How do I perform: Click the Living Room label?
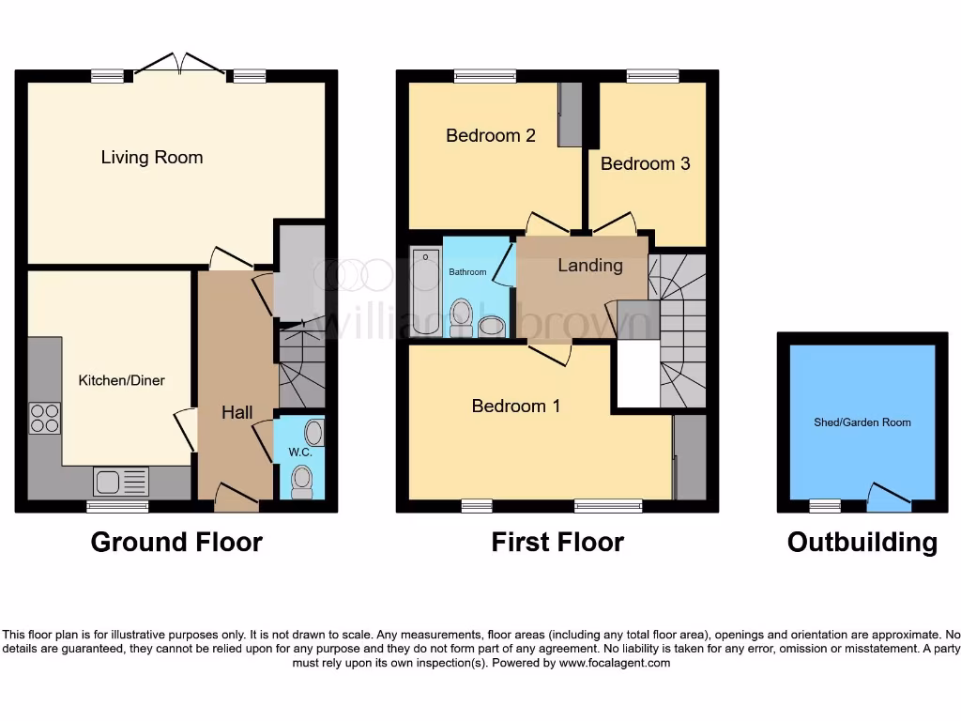tap(152, 157)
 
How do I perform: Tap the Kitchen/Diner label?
tap(121, 380)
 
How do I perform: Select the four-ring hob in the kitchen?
tap(45, 417)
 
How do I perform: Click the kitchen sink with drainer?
tap(121, 482)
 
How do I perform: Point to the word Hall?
tap(236, 412)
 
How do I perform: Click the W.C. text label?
tap(299, 452)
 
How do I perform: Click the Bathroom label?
tap(467, 272)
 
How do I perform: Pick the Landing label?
tap(589, 266)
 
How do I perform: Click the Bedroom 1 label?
tap(515, 406)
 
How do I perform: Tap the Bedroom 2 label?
tap(490, 135)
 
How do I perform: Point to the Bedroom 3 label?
tap(645, 163)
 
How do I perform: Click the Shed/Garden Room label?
tap(862, 422)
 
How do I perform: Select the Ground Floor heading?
tap(176, 542)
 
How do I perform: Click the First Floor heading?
tap(557, 542)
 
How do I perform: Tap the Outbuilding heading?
tap(862, 542)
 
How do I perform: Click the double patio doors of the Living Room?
tap(179, 67)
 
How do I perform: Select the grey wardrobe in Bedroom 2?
tap(570, 115)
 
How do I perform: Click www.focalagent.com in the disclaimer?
tap(615, 663)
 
